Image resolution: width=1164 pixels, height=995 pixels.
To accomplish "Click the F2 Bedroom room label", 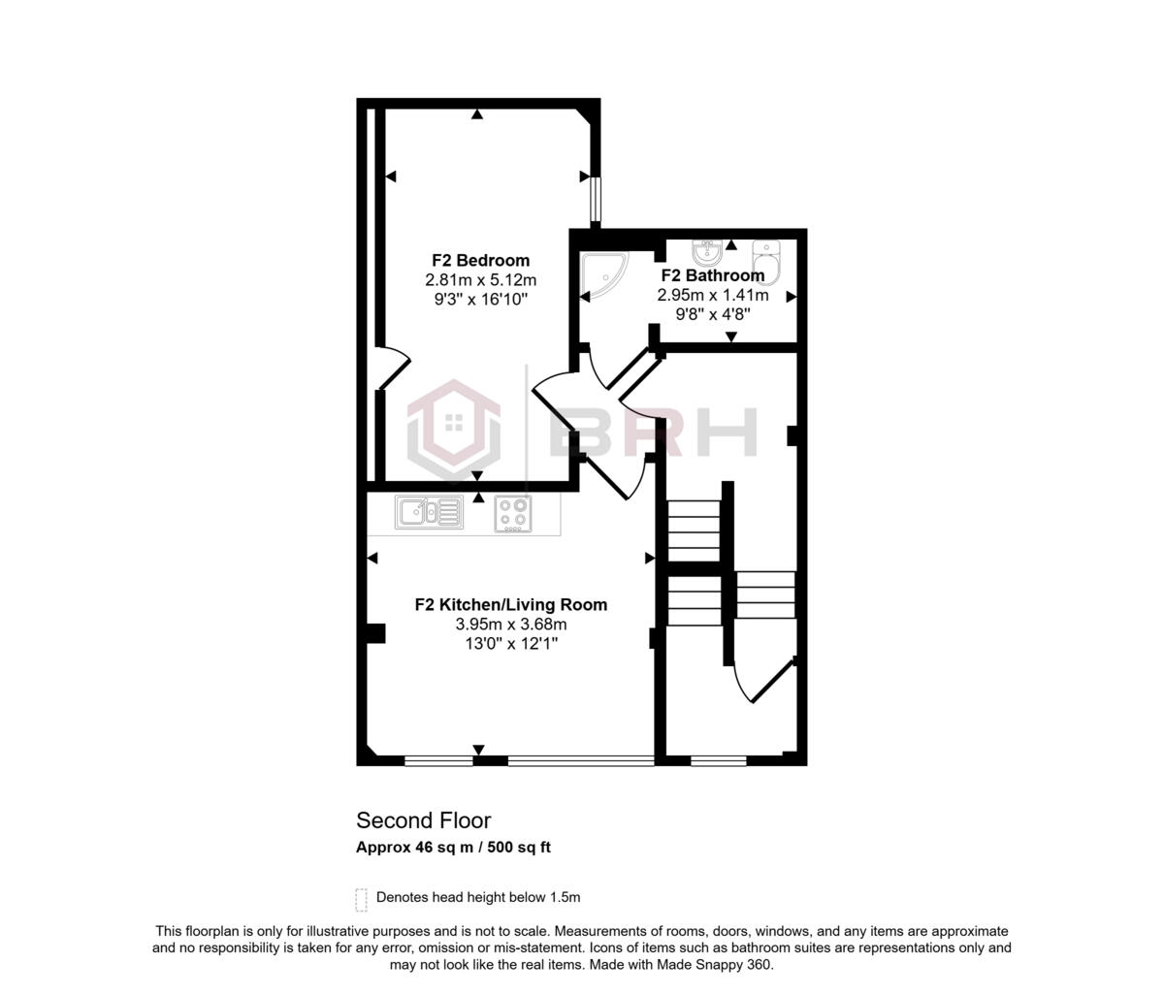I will click(480, 260).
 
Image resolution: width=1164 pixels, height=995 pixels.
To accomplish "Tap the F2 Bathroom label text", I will click(713, 275).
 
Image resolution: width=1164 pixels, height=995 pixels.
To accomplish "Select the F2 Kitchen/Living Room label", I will click(511, 604).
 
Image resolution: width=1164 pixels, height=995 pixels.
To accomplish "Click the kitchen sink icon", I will click(429, 511).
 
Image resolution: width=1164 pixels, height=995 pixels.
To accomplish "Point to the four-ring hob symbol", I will click(513, 513).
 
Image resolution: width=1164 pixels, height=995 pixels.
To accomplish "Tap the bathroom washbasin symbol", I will click(707, 254).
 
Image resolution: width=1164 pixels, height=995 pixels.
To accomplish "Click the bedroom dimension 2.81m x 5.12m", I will click(480, 279).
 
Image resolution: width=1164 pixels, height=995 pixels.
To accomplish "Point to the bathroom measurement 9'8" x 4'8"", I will click(713, 313).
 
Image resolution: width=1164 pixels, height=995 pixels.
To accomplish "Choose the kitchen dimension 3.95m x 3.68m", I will click(511, 624).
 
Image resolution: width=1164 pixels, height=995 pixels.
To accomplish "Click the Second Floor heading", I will click(424, 820).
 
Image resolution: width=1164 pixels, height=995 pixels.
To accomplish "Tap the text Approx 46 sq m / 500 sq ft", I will click(453, 847).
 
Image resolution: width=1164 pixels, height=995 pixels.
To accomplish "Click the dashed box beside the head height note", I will click(362, 899).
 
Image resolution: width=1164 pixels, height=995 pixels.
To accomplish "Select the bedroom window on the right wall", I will click(597, 198).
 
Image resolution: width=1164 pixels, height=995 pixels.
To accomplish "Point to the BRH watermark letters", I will click(653, 432).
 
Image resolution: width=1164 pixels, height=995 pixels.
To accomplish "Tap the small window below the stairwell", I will click(719, 761).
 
